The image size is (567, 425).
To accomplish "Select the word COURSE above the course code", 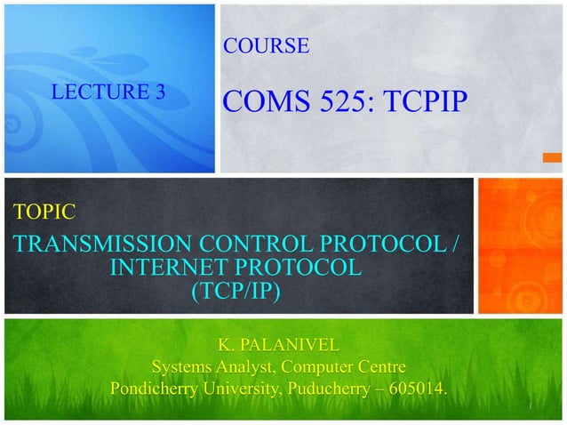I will (x=266, y=46).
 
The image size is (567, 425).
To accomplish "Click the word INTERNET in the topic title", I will (x=174, y=268).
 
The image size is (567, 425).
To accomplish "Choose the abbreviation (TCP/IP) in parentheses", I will (x=235, y=290).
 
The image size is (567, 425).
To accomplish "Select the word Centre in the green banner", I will (x=378, y=366).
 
